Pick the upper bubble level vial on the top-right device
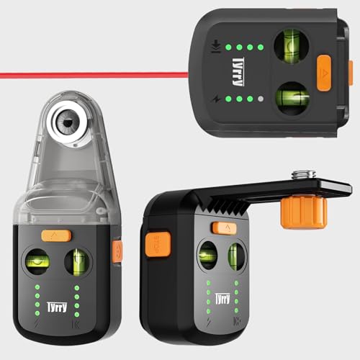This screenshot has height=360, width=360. click(292, 44)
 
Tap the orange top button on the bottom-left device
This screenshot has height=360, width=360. click(55, 235)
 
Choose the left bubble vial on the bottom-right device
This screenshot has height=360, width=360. click(207, 256)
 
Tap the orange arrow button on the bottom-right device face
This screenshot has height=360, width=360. click(224, 228)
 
